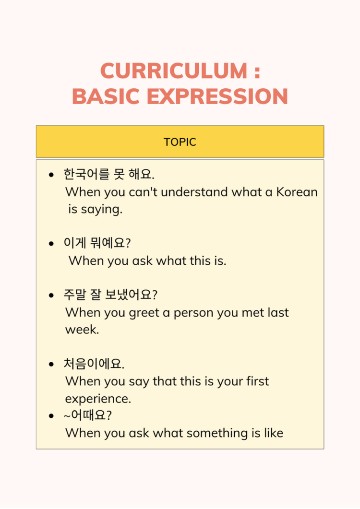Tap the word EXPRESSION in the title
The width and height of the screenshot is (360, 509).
[217, 96]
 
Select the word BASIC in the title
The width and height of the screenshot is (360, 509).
[106, 96]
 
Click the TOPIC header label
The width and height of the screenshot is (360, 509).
[180, 142]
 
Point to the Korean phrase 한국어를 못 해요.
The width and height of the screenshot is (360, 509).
[109, 174]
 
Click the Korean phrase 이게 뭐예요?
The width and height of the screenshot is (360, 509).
[97, 243]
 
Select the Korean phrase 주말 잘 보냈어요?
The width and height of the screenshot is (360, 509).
[110, 295]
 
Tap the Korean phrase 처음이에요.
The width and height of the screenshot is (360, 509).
[94, 364]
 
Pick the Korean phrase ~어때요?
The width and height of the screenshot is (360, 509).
[88, 415]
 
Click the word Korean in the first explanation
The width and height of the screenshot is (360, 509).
[297, 192]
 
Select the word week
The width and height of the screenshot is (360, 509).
[82, 330]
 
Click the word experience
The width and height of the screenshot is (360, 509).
[98, 399]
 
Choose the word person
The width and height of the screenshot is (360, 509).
[193, 313]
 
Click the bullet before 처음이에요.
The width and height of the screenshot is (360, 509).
[51, 364]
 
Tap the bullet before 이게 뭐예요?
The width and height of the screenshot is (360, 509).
[51, 243]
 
